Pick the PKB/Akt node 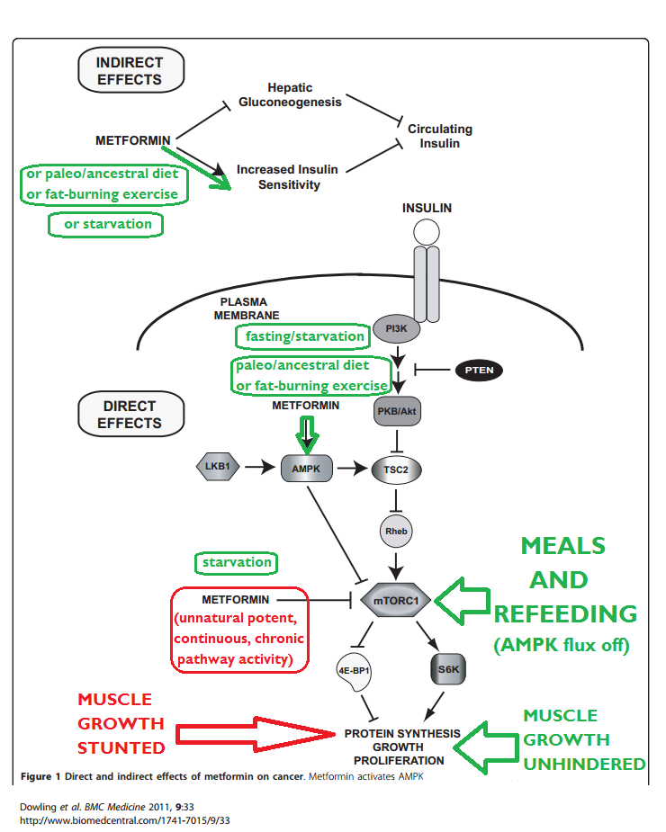pos(396,413)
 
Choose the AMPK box pos(306,469)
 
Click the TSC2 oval pos(395,469)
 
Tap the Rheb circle pos(396,531)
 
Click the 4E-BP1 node pos(354,670)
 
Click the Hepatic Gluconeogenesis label pos(290,94)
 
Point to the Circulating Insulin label pos(440,136)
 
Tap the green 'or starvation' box pos(106,224)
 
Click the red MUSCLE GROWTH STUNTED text pos(114,723)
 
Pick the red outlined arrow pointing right pos(254,733)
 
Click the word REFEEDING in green pos(565,614)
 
